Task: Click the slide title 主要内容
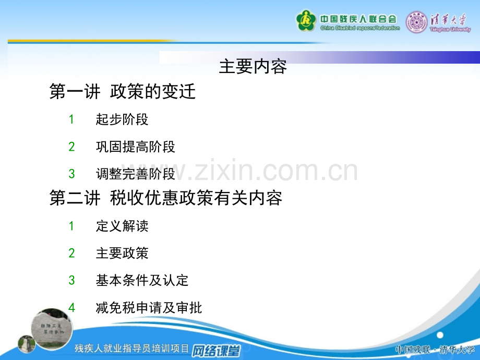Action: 253,66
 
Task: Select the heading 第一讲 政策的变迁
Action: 123,91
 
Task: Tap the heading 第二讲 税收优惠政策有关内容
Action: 165,198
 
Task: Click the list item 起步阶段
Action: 122,119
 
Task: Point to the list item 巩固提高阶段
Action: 135,147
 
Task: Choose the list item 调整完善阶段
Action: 135,174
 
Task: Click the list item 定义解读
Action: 122,226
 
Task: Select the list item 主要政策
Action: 122,253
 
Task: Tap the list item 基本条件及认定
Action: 142,280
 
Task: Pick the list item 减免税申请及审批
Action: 149,308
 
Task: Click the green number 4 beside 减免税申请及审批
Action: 71,308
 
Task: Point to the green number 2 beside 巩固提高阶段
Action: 71,147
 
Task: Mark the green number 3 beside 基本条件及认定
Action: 71,280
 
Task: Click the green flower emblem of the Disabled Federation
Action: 306,21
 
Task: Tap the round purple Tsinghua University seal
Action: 416,22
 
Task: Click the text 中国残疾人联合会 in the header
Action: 358,19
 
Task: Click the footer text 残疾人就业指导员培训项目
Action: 131,349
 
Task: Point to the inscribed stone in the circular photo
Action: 52,329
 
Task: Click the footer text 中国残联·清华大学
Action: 435,350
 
